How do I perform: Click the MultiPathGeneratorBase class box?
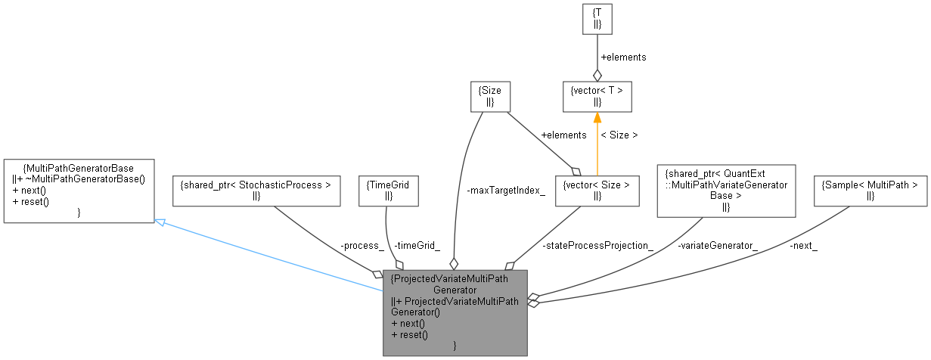79,191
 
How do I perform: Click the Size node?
489,96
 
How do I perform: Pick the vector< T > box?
597,96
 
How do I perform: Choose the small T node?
597,19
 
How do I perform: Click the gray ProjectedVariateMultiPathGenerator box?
455,312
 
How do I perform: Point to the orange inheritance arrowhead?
597,118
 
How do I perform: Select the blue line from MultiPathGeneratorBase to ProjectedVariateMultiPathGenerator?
272,256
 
